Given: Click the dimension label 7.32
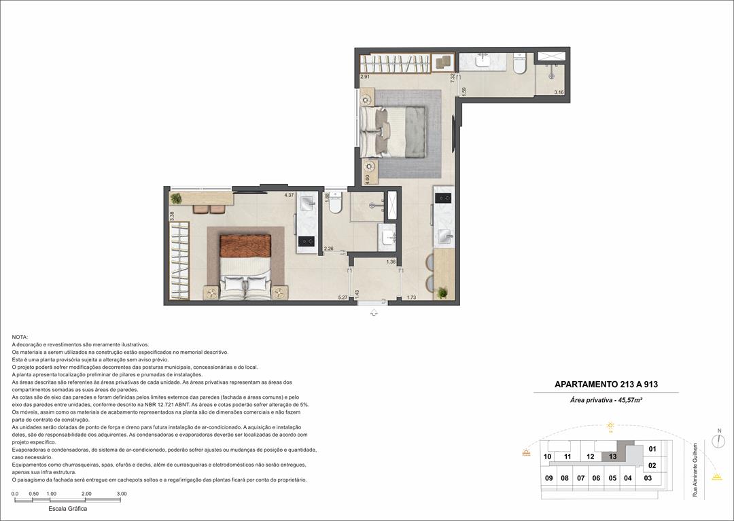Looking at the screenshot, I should (452, 77).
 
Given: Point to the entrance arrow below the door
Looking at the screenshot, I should (373, 312).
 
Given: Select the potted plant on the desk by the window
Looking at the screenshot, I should (177, 198).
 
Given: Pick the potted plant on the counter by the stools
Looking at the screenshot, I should (443, 292).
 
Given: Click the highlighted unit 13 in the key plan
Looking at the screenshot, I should (612, 456).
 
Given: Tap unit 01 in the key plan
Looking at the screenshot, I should (652, 449).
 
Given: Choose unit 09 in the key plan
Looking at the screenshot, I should (548, 478).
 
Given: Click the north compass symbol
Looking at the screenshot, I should (718, 441).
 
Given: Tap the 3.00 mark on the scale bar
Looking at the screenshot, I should (121, 494).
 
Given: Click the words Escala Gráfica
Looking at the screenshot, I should (68, 508).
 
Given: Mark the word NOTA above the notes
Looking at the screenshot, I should (20, 337).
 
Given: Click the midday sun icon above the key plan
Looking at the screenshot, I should (610, 426).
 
